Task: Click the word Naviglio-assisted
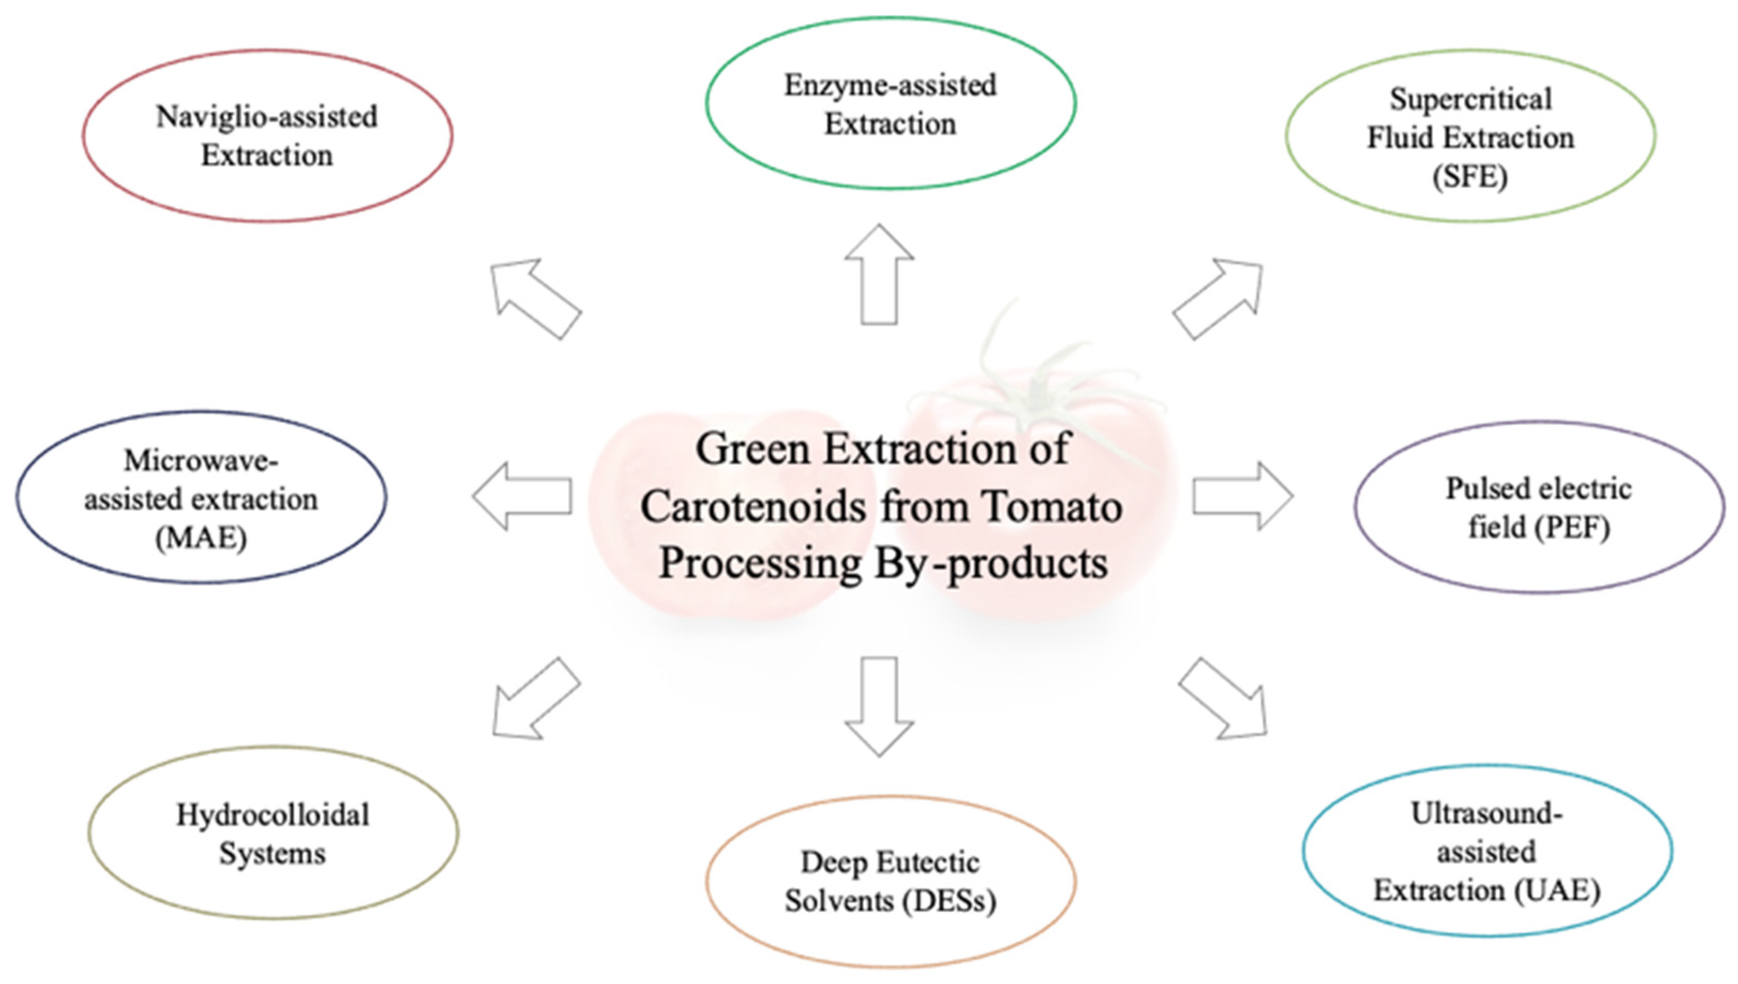click(x=267, y=117)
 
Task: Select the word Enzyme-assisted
click(x=890, y=86)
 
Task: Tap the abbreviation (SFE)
click(x=1470, y=177)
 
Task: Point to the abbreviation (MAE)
click(x=201, y=539)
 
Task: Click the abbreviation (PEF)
click(x=1572, y=528)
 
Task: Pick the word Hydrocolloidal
click(x=273, y=815)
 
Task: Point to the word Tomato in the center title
click(x=1052, y=506)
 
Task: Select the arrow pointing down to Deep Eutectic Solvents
click(x=879, y=706)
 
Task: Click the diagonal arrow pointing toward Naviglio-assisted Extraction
click(x=535, y=298)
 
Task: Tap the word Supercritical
click(x=1470, y=100)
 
